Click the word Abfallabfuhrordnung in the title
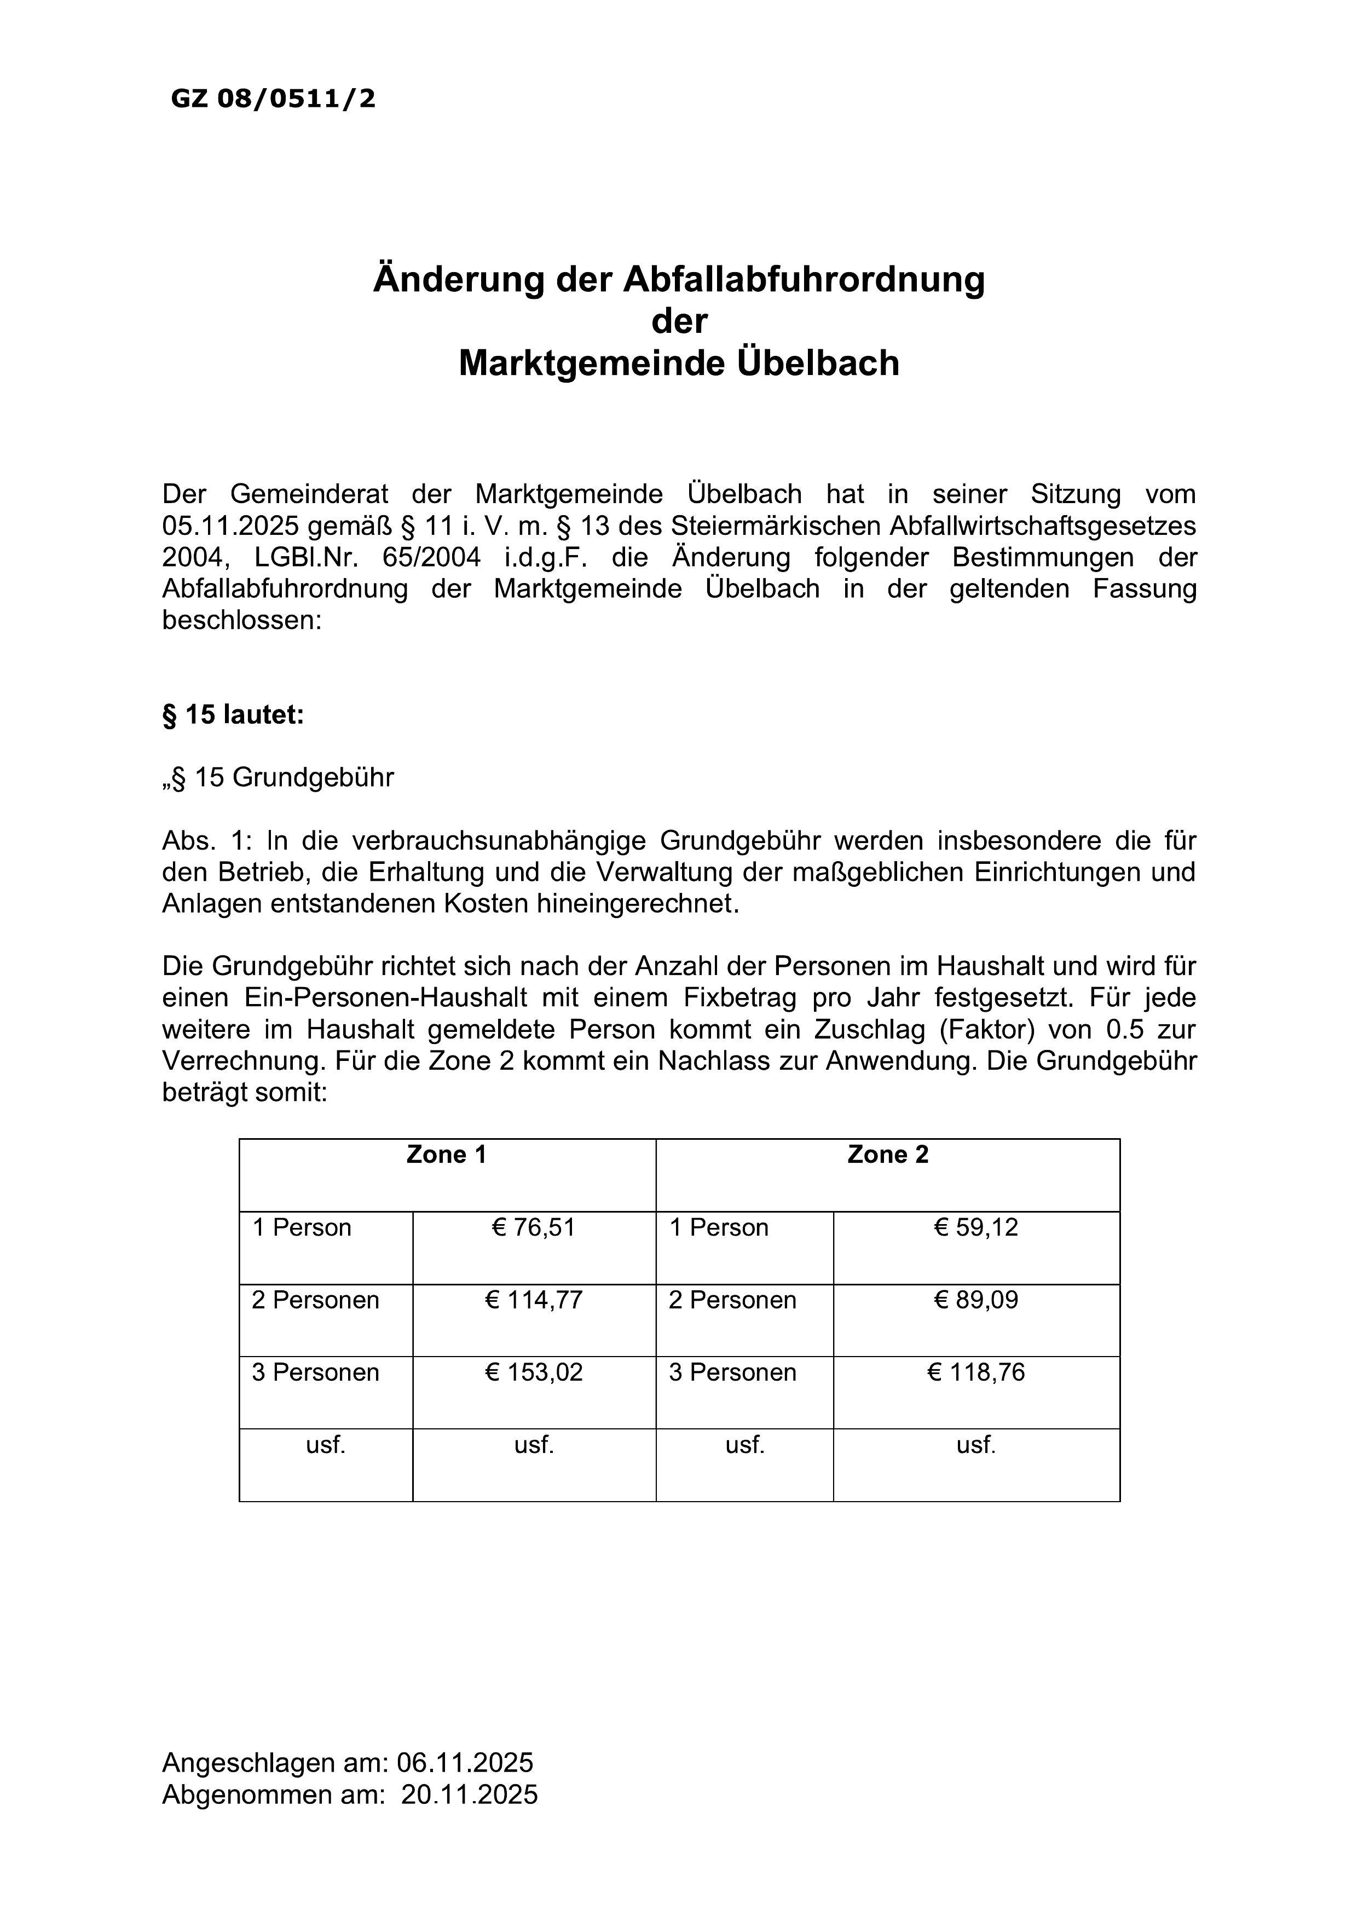[x=804, y=279]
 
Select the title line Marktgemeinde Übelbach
[x=679, y=363]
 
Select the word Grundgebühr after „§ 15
[x=312, y=778]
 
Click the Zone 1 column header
[x=446, y=1155]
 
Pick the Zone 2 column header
[x=888, y=1155]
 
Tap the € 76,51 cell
[x=534, y=1227]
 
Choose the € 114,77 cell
[x=534, y=1300]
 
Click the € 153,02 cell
[x=534, y=1372]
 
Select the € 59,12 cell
[x=975, y=1227]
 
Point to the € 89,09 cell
[x=975, y=1300]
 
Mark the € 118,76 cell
[x=975, y=1372]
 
